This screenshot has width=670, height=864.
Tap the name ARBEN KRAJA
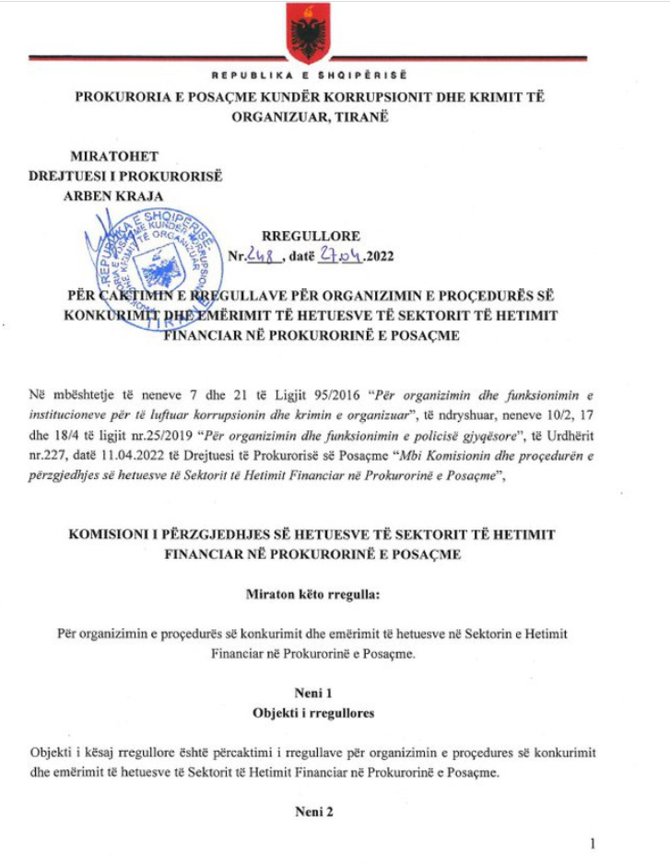coord(112,195)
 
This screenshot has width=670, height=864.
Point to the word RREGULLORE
coord(311,237)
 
